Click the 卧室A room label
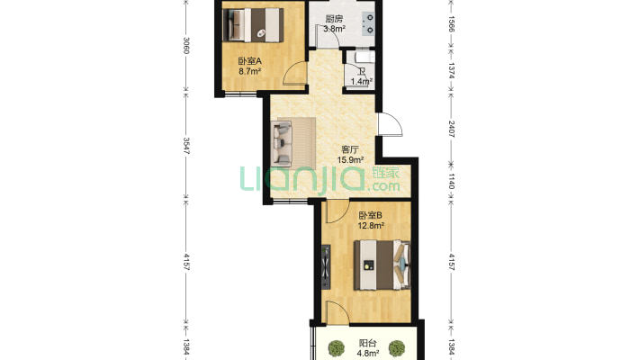point(249,61)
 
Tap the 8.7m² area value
point(250,72)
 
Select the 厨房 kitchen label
point(334,19)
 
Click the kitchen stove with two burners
point(368,23)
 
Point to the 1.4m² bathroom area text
point(361,81)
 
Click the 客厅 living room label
point(350,149)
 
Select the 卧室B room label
point(370,215)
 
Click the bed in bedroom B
point(382,265)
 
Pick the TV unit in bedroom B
point(326,267)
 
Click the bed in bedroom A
point(253,25)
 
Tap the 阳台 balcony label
point(367,343)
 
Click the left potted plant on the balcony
point(337,348)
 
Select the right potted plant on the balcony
point(397,348)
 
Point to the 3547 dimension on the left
point(185,146)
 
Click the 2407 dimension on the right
point(451,129)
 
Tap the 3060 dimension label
point(185,46)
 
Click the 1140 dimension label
point(451,181)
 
